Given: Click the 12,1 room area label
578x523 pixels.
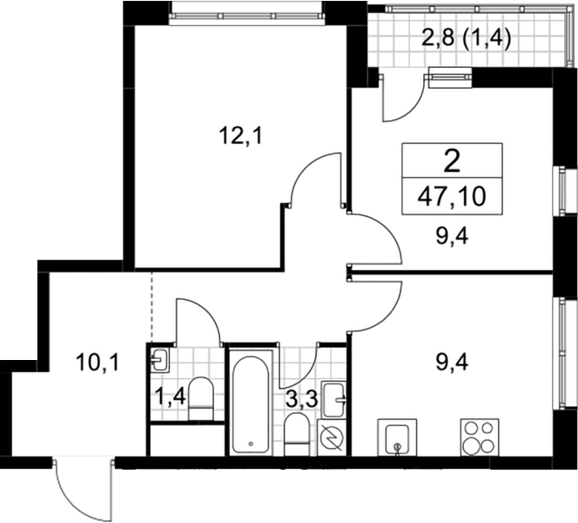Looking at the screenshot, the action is pyautogui.click(x=240, y=136).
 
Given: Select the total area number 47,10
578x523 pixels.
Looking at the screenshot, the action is pyautogui.click(x=452, y=196).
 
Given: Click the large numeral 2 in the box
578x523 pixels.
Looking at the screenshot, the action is pyautogui.click(x=453, y=161).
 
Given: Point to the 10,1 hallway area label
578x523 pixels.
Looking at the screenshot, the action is pyautogui.click(x=97, y=363).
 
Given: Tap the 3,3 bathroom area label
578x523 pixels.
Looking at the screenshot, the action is pyautogui.click(x=301, y=399).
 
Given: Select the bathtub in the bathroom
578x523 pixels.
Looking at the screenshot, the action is pyautogui.click(x=251, y=404).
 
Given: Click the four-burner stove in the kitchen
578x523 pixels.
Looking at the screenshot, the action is pyautogui.click(x=480, y=438).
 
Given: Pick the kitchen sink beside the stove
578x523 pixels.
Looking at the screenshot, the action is pyautogui.click(x=397, y=438).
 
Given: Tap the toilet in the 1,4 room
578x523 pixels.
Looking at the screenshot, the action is pyautogui.click(x=201, y=398).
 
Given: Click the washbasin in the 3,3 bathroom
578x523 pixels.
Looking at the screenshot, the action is pyautogui.click(x=334, y=399).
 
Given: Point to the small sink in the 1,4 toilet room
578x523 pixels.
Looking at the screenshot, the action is pyautogui.click(x=160, y=359).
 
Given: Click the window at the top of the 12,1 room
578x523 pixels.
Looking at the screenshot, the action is pyautogui.click(x=247, y=15).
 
